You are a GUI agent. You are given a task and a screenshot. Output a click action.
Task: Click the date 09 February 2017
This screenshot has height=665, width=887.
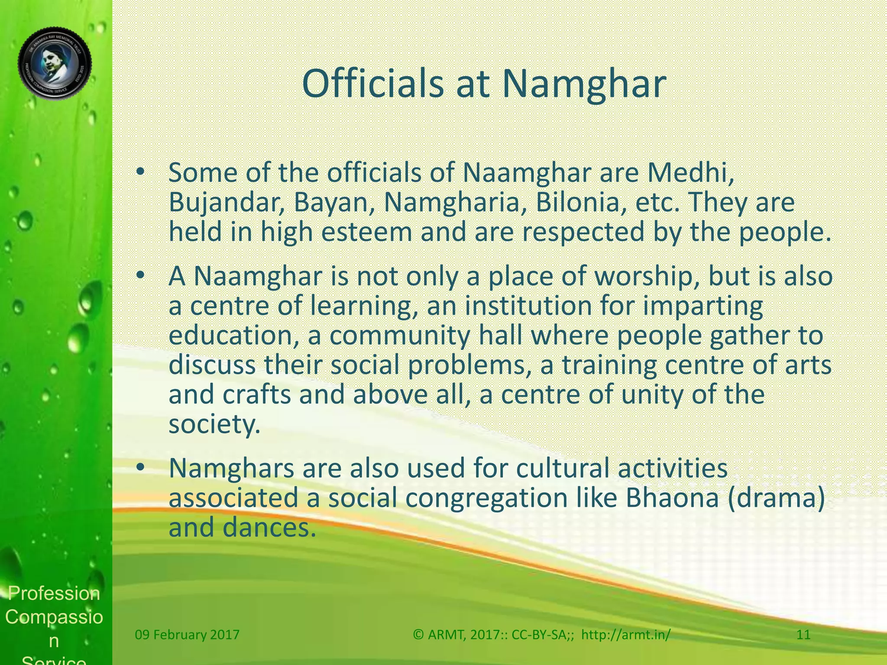187,635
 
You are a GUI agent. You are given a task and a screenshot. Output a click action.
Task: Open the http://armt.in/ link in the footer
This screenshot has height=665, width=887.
625,635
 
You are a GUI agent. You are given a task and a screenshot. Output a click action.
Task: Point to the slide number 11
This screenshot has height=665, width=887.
803,635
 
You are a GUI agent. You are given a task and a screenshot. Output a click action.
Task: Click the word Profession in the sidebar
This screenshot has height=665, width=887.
54,593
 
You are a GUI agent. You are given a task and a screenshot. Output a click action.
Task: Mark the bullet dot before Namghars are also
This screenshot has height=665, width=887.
139,468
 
